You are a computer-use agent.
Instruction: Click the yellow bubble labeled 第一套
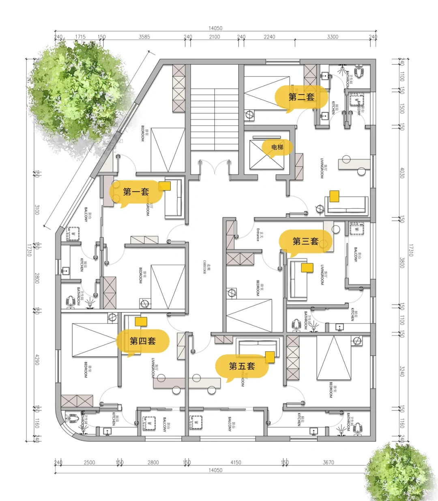pos(136,192)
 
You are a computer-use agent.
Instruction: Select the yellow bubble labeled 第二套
pos(301,97)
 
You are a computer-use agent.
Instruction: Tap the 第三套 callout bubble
pos(305,242)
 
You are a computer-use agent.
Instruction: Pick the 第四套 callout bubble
pos(142,341)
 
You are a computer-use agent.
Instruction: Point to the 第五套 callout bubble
pos(242,366)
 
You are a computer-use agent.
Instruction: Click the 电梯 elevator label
pos(277,147)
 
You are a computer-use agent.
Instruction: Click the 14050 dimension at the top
pos(215,28)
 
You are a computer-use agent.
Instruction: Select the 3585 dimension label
pos(144,37)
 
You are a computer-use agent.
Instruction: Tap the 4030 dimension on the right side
pos(402,173)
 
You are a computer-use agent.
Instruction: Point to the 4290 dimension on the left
pos(37,360)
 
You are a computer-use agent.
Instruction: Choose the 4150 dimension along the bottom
pos(236,462)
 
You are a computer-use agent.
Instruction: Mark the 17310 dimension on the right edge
pos(410,250)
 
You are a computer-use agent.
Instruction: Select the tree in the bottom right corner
pos(399,473)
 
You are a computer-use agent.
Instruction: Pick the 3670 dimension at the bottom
pos(328,462)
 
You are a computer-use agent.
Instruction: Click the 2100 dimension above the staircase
pos(215,37)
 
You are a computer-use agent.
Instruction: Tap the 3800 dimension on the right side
pos(402,263)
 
